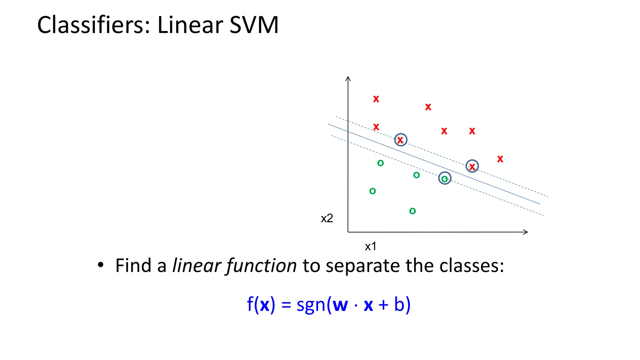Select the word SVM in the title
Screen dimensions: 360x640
[x=254, y=25]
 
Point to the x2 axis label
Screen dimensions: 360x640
[x=327, y=218]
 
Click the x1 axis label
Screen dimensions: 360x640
[x=371, y=247]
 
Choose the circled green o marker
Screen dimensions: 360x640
[x=444, y=178]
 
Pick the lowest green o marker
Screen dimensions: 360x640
[x=412, y=211]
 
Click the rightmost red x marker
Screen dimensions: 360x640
[x=500, y=159]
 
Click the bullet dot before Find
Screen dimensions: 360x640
[x=100, y=265]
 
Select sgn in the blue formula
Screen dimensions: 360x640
[x=311, y=305]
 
